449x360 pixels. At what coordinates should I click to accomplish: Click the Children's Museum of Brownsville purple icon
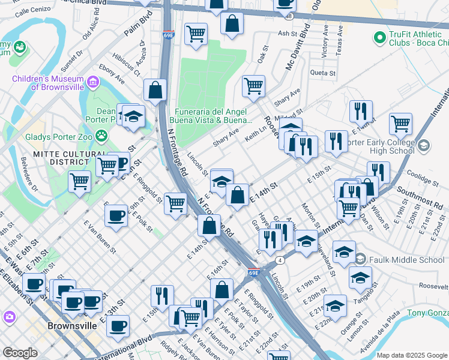(x=92, y=82)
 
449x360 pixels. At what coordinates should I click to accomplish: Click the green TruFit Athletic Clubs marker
(x=379, y=38)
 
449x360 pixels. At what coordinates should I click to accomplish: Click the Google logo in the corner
(x=20, y=353)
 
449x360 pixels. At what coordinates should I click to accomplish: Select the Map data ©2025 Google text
(x=412, y=355)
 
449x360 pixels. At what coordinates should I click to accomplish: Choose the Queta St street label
(x=322, y=73)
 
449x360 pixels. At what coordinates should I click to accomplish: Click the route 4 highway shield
(x=280, y=260)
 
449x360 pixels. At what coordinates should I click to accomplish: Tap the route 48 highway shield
(x=289, y=17)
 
